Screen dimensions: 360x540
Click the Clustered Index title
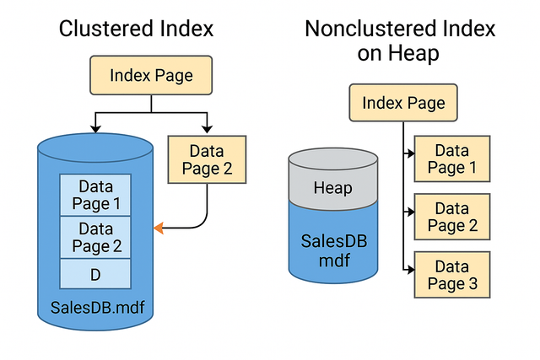tap(136, 29)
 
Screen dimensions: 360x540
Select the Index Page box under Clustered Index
tap(151, 76)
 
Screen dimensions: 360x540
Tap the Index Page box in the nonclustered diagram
tap(403, 103)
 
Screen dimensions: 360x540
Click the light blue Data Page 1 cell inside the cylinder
tap(94, 195)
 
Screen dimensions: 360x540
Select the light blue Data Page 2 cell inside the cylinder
tap(94, 237)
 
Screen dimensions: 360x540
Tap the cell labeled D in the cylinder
tap(94, 274)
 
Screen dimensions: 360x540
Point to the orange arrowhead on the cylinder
tap(158, 228)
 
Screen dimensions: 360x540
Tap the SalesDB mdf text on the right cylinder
tap(333, 250)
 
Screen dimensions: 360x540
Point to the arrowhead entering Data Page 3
tap(410, 271)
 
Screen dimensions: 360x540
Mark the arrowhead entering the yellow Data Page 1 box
tap(410, 154)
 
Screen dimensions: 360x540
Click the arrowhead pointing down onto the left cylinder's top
tap(96, 129)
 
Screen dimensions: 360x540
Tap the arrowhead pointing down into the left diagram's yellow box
tap(206, 129)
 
